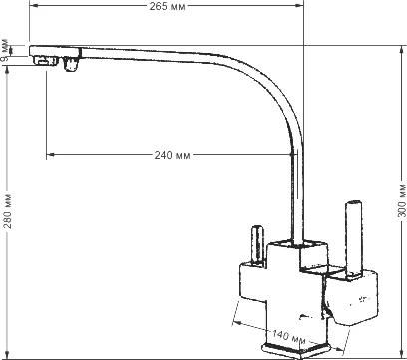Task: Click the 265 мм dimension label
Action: pyautogui.click(x=167, y=6)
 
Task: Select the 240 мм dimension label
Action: pyautogui.click(x=172, y=155)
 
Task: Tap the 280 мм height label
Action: pyautogui.click(x=7, y=211)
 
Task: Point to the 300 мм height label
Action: pyautogui.click(x=402, y=200)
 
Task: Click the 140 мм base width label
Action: pyautogui.click(x=288, y=337)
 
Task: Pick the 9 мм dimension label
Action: pyautogui.click(x=5, y=54)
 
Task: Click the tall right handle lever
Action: pyautogui.click(x=353, y=238)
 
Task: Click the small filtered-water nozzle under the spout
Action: pyautogui.click(x=70, y=64)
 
